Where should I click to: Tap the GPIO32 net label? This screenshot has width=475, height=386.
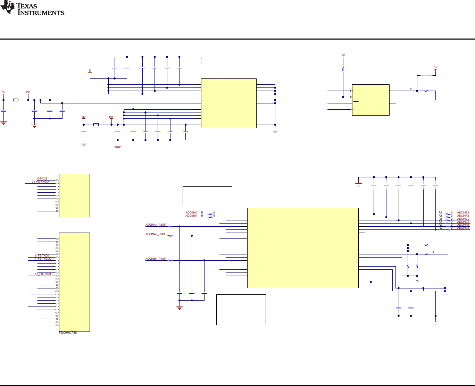point(42,179)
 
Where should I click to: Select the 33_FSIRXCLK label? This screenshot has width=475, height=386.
point(41,182)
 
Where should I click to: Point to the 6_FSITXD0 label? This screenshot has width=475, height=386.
point(42,256)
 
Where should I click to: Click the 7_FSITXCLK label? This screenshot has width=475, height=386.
point(43,259)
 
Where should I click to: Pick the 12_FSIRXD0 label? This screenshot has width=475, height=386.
point(43,274)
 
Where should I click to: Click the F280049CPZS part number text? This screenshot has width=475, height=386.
point(68,333)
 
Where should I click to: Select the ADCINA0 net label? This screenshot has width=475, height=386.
point(191,213)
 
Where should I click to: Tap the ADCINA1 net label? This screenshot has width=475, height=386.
point(191,216)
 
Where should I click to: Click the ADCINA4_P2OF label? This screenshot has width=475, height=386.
point(156,225)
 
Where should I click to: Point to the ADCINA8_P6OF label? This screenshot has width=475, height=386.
point(156,234)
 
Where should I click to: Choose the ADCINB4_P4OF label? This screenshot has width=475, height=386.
point(156,259)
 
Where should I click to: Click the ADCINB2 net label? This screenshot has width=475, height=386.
point(463,213)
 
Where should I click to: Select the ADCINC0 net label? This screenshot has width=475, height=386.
point(463,219)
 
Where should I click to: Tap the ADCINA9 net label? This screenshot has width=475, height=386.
point(463,225)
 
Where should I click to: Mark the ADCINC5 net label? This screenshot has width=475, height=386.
point(463,228)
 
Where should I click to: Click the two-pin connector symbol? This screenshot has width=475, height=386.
point(445,289)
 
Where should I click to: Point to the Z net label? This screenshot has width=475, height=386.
point(411,90)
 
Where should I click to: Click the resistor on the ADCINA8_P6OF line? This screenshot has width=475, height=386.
point(170,236)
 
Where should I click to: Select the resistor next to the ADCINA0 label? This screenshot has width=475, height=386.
point(210,214)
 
